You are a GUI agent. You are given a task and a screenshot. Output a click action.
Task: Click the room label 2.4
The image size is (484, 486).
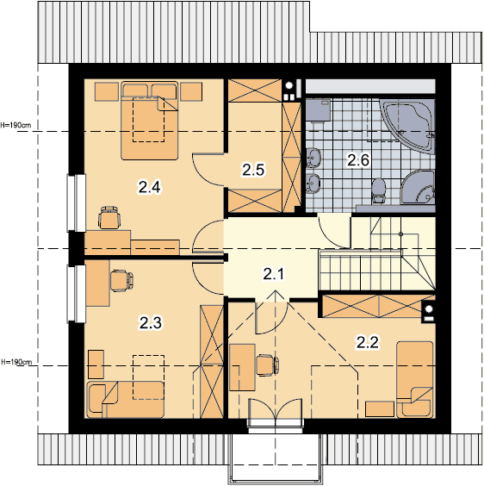click(149, 187)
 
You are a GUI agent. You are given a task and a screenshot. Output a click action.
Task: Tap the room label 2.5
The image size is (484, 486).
click(253, 170)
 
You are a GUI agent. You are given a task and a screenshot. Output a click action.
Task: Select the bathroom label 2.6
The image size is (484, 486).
click(358, 160)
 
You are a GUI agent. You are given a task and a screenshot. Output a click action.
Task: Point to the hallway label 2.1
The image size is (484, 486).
click(274, 274)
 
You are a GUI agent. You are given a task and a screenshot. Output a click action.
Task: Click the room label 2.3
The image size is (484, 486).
click(151, 323)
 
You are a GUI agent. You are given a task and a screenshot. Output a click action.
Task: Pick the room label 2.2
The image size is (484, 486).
click(368, 342)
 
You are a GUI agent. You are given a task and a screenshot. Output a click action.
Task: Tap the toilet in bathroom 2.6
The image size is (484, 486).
click(378, 190)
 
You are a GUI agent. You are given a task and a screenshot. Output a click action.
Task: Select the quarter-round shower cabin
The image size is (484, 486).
click(418, 187)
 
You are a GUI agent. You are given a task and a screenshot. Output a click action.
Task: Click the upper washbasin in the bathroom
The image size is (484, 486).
click(313, 158)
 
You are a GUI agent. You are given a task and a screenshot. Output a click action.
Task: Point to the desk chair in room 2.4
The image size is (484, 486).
click(109, 217)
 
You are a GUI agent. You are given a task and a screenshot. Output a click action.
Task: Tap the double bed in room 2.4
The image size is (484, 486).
click(149, 121)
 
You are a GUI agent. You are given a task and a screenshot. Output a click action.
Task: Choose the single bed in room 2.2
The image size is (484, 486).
click(415, 380)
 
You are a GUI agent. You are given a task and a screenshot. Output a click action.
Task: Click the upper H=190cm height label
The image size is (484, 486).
click(16, 125)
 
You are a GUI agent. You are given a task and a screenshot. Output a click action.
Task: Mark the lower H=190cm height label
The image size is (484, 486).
click(16, 362)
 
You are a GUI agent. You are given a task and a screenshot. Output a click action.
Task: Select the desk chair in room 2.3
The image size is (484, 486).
click(121, 281)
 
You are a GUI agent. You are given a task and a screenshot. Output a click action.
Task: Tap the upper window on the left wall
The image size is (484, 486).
click(77, 203)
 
